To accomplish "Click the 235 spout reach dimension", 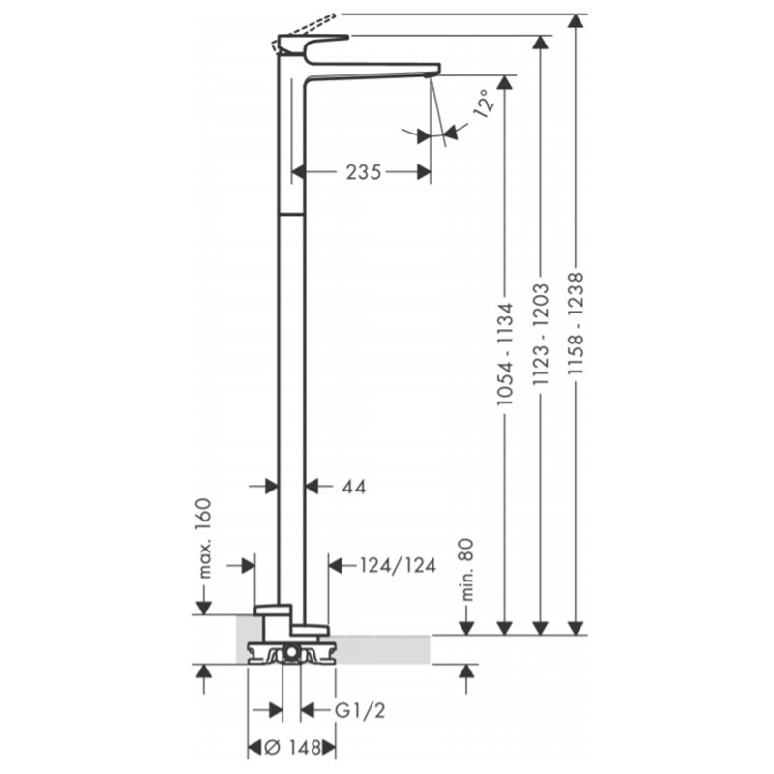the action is [x=364, y=172].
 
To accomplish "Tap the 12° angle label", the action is [x=485, y=104].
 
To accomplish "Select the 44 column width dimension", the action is [x=354, y=488].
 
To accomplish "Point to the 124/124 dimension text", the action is [x=398, y=565].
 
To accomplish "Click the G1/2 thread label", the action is [x=360, y=711].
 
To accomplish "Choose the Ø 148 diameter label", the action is [x=293, y=748].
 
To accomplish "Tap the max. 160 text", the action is [x=203, y=538].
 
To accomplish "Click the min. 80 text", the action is [x=467, y=569].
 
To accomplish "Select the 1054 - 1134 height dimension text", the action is [x=505, y=354].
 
